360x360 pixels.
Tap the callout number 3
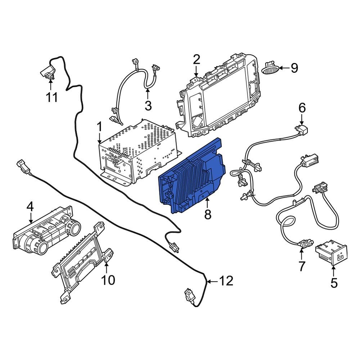click(148, 105)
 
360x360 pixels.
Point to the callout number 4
click(30, 206)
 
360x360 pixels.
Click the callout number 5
click(334, 283)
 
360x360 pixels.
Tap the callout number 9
click(294, 68)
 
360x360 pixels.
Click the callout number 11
click(52, 97)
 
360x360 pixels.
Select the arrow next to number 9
click(284, 68)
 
